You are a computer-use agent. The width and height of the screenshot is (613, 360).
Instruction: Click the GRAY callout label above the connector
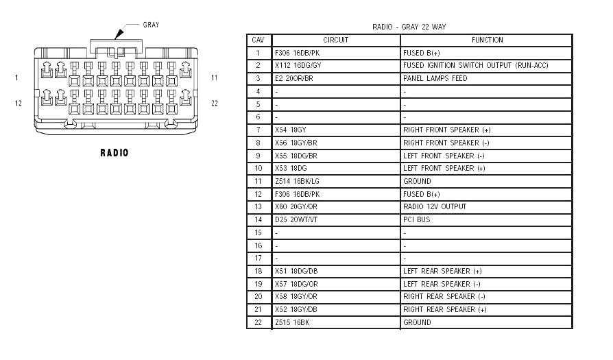tap(151, 25)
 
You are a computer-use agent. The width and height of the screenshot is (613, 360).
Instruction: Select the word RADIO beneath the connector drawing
tap(114, 153)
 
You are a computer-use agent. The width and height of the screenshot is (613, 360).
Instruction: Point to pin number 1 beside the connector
tap(16, 77)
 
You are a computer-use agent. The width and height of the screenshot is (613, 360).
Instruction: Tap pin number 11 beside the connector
tap(214, 77)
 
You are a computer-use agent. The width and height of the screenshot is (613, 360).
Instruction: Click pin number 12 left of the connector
tap(19, 103)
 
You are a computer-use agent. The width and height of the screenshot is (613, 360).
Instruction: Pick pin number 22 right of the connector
tap(215, 103)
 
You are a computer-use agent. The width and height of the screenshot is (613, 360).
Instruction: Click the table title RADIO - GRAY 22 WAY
tap(409, 27)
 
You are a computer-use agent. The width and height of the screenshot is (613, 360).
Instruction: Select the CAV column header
tap(258, 40)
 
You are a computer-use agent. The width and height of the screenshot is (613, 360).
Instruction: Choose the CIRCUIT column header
tap(335, 40)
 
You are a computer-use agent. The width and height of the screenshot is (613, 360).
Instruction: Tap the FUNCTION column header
tap(487, 40)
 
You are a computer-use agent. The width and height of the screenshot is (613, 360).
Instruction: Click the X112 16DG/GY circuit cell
tap(298, 65)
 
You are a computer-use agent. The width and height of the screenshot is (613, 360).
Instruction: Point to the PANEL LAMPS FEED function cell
tap(435, 78)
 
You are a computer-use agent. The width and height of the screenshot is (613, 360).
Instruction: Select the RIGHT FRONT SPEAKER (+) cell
tap(446, 130)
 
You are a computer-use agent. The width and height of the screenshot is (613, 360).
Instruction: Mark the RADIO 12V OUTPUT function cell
tap(434, 206)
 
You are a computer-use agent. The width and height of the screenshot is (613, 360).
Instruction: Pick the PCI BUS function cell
tap(416, 219)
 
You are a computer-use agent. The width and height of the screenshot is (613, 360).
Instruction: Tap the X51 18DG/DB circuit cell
tap(296, 271)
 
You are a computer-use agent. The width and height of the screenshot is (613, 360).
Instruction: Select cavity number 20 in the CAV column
tap(258, 296)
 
